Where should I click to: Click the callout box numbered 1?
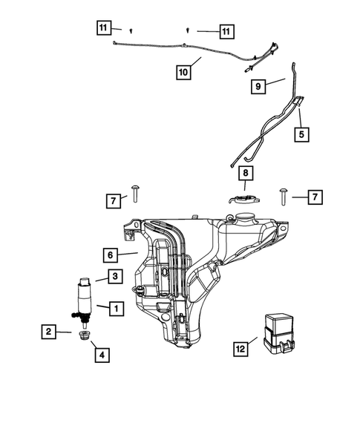coord(117,306)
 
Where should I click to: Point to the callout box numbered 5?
coord(301,134)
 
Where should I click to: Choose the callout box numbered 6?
coord(109,254)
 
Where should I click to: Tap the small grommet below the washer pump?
coord(84,338)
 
